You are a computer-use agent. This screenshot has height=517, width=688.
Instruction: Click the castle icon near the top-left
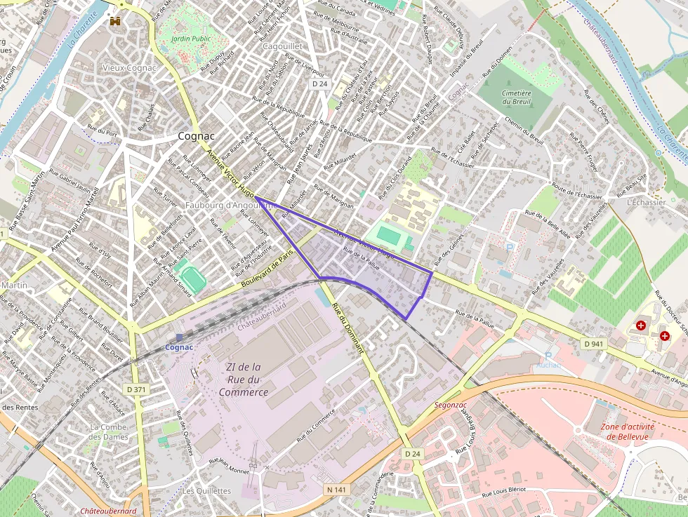click(114, 21)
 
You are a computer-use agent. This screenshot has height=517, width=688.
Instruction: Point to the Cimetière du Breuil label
click(517, 97)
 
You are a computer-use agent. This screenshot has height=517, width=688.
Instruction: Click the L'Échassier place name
click(646, 202)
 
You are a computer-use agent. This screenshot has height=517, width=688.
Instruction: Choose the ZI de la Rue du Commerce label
click(243, 379)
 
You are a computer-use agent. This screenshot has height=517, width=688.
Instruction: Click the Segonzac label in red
click(451, 405)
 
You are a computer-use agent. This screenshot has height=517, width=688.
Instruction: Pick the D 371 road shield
click(137, 389)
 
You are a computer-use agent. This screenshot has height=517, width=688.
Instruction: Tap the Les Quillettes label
click(206, 491)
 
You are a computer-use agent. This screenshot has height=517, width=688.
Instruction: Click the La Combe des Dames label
click(109, 431)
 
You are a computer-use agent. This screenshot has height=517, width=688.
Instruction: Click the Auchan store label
click(548, 365)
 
